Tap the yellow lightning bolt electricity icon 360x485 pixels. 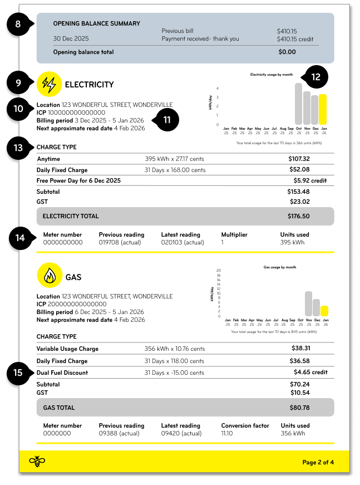[49, 85]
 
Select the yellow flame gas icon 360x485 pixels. [49, 276]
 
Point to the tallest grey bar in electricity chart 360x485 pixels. [298, 104]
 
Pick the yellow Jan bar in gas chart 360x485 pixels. [324, 311]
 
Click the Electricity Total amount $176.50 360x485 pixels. [298, 216]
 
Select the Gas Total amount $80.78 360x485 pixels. [300, 408]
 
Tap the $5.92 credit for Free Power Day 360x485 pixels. [310, 181]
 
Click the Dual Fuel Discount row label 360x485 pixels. [62, 373]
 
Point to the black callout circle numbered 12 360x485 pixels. [315, 78]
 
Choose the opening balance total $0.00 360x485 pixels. [287, 52]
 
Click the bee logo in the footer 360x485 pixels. [37, 462]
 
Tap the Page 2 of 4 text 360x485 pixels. [318, 462]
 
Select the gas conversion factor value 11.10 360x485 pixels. [226, 433]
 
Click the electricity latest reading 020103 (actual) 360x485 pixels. [181, 242]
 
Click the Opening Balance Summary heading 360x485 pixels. [96, 23]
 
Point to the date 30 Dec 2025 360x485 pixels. [71, 39]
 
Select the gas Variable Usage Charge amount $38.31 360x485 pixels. [300, 349]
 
